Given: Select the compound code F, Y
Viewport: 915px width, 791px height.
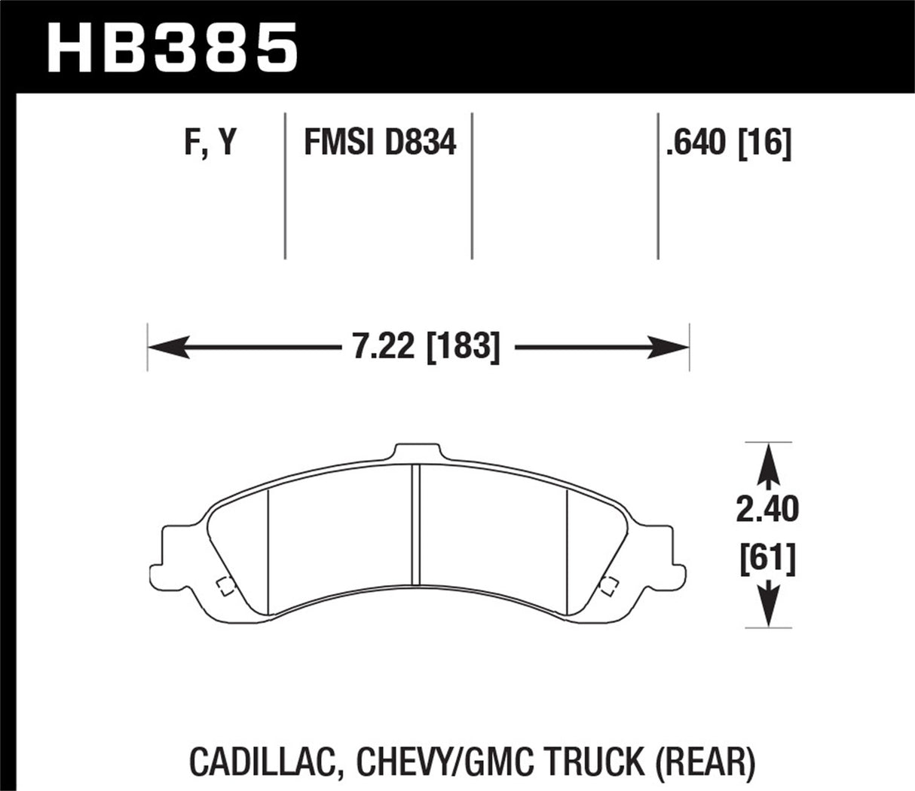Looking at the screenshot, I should coord(210,142).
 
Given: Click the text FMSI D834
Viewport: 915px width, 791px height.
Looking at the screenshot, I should coord(380,142).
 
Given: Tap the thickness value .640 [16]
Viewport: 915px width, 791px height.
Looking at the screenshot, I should coord(728,142).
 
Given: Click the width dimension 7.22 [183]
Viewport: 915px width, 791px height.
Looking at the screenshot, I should coord(426,348).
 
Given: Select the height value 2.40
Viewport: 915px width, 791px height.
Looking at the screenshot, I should coord(767,510).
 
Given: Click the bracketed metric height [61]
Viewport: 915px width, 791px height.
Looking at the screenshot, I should coord(767,560).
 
